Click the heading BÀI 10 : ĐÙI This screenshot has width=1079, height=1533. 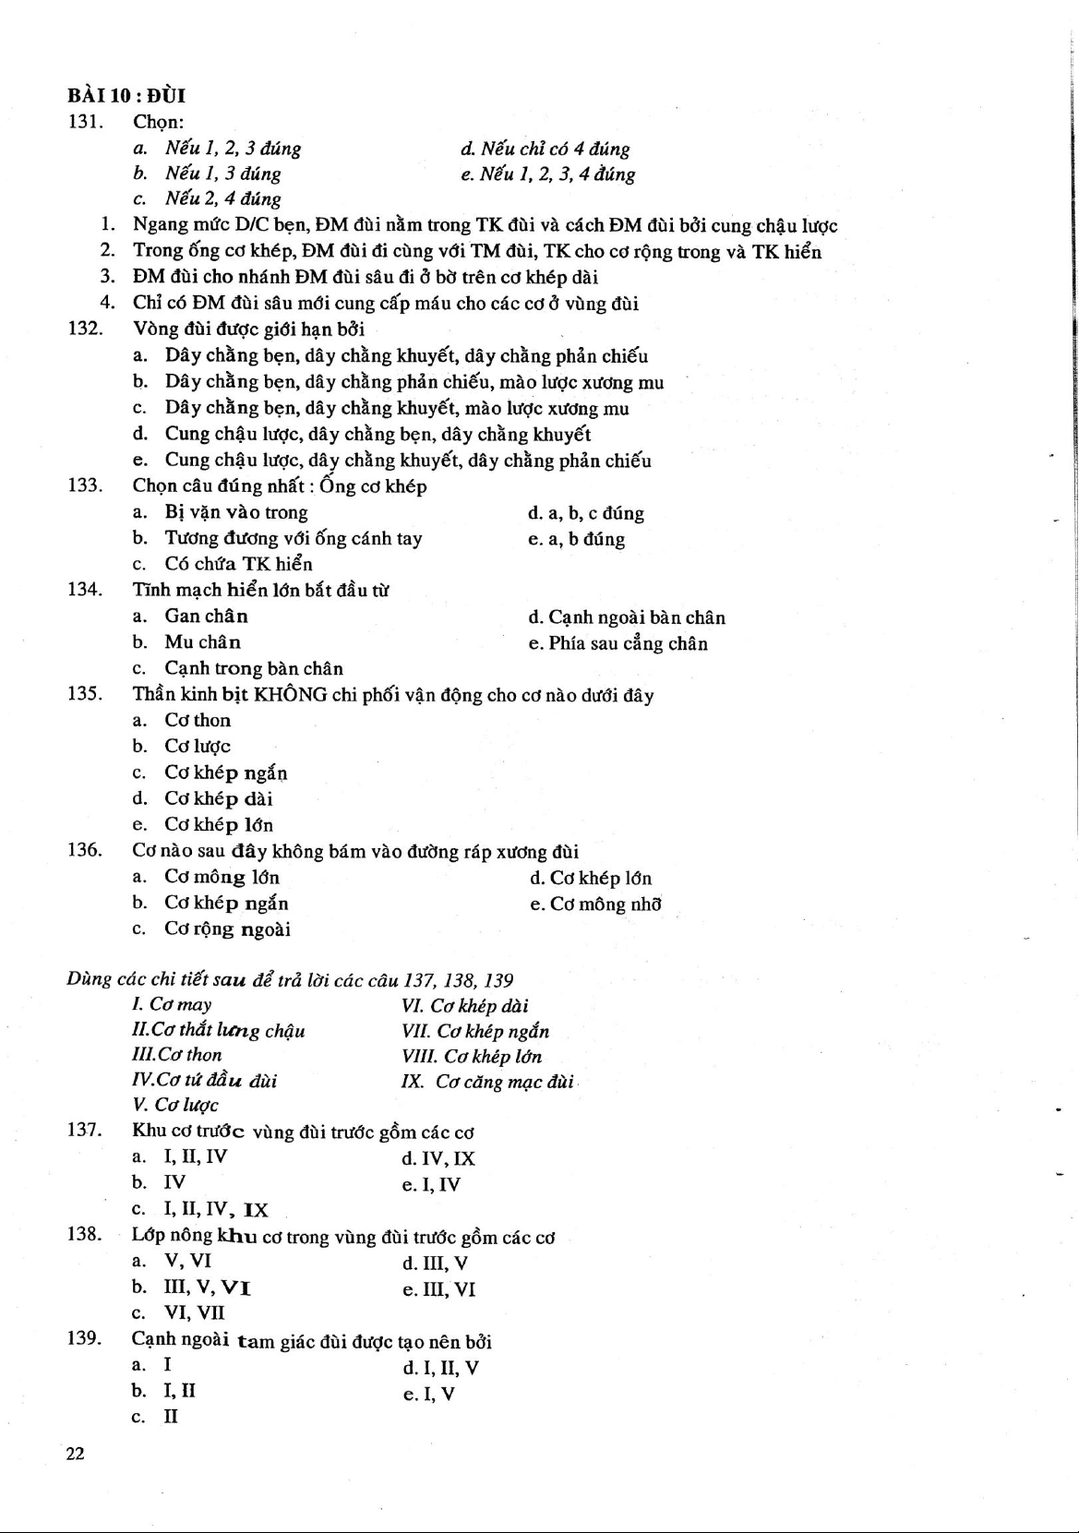126,96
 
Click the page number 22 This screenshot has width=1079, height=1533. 75,1455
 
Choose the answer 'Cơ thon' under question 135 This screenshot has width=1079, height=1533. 198,721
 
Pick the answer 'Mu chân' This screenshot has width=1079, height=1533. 202,642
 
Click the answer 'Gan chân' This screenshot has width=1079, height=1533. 206,617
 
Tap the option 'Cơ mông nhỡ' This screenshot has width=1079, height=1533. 605,904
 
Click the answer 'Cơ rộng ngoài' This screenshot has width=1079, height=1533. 227,929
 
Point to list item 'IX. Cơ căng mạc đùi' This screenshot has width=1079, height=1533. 488,1082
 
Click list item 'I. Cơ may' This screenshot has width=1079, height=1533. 173,1005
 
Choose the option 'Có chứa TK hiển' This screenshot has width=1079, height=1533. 238,564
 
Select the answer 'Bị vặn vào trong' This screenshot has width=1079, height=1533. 236,513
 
